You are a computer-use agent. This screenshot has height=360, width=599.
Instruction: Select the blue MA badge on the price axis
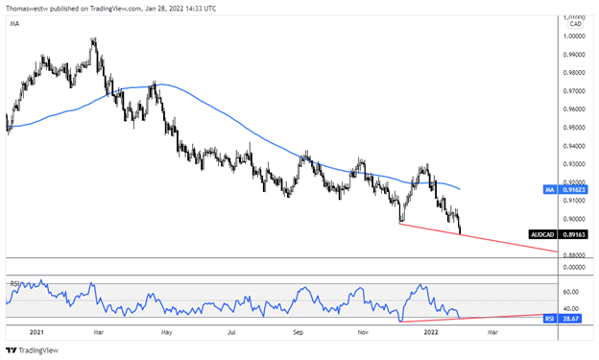click(548, 190)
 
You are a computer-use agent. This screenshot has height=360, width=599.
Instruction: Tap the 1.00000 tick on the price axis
click(575, 36)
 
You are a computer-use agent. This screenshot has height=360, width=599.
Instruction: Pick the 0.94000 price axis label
click(575, 146)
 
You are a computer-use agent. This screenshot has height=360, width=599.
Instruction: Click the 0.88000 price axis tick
click(575, 255)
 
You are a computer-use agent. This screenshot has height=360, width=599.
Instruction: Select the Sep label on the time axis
click(298, 333)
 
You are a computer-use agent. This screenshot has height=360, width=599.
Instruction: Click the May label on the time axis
click(166, 333)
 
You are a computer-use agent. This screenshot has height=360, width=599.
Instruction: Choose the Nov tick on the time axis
click(363, 333)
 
